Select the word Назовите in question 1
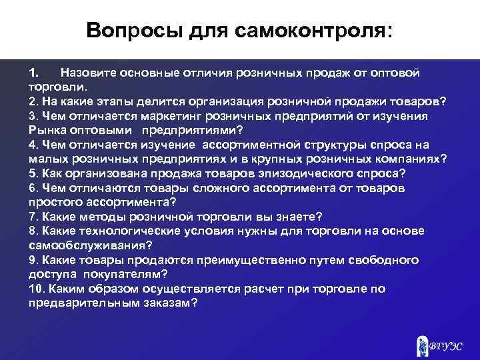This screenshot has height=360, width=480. pyautogui.click(x=87, y=71)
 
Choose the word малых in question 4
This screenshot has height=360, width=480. pyautogui.click(x=46, y=159)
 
